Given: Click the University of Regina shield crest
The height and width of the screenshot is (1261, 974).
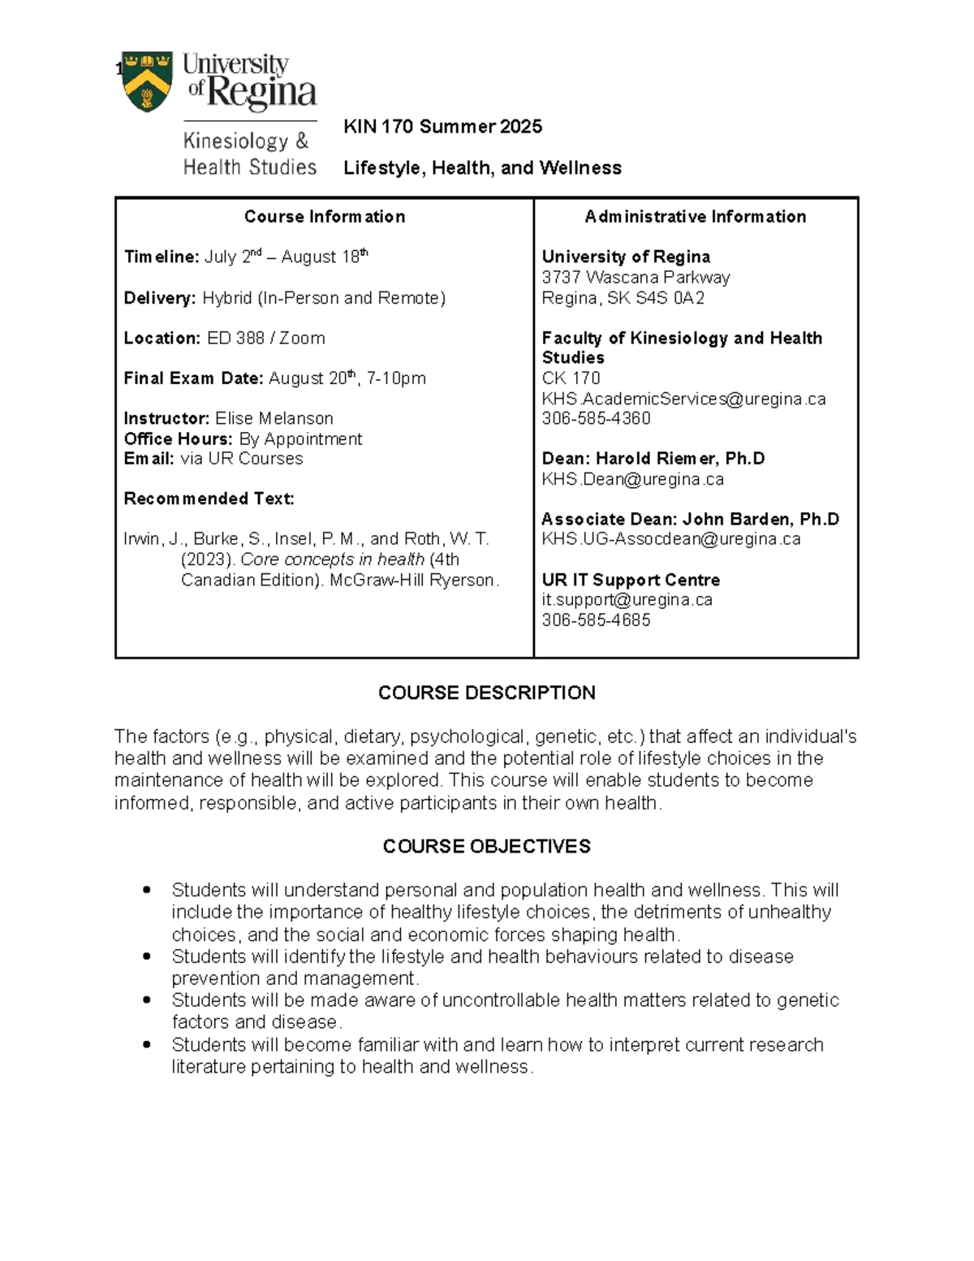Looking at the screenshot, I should point(147,81).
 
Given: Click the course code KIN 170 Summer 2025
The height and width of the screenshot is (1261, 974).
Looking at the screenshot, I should point(442,127).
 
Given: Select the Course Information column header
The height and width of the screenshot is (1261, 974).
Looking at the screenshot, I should point(325,217).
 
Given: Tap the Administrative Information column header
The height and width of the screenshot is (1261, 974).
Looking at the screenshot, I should point(696,217).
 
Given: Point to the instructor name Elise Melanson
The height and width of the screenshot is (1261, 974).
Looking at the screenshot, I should point(274,418).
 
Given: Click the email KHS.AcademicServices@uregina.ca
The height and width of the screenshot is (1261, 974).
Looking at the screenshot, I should point(683,399).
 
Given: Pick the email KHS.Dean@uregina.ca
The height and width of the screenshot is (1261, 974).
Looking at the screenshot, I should point(632,479).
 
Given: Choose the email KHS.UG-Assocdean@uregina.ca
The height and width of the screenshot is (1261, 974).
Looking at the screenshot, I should point(670,539).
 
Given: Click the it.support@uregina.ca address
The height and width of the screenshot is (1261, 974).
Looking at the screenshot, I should point(627,599).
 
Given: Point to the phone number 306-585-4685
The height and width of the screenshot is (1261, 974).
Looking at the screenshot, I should point(596,620).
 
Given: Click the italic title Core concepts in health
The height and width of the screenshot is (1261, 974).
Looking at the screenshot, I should point(332,559).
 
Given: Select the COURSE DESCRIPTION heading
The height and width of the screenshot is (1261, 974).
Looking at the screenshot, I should point(486,693).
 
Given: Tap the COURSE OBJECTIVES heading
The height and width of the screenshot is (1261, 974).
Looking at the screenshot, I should point(486,846).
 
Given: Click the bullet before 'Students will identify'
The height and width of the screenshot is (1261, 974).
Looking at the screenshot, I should point(146,957).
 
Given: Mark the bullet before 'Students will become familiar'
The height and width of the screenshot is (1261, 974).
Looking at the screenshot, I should point(146,1045).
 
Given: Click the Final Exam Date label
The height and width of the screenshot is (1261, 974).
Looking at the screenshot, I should point(193,378).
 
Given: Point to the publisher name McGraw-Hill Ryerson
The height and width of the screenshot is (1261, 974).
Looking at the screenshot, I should point(413,580).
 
